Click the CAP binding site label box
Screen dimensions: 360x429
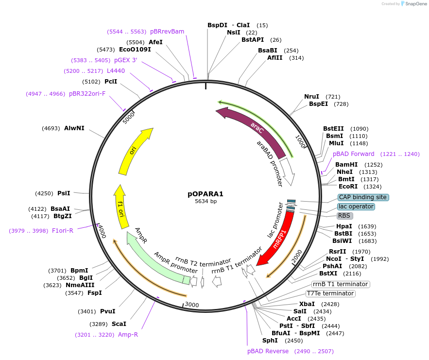[x=363, y=197]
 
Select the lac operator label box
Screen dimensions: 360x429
[x=357, y=206]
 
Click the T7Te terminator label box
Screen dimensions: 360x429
[x=330, y=293]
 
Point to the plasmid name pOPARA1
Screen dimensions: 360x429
[x=206, y=193]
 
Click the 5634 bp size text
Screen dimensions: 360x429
[x=206, y=201]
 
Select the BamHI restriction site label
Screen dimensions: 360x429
[x=346, y=165]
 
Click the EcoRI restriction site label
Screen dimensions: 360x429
[x=348, y=187]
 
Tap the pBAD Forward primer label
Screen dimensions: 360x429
[x=354, y=154]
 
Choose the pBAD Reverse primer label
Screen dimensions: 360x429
[x=268, y=351]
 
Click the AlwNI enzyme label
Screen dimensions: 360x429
[x=74, y=128]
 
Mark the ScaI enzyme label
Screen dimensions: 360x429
[x=119, y=324]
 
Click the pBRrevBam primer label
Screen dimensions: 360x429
[x=167, y=32]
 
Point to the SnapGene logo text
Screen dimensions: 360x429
[x=414, y=4]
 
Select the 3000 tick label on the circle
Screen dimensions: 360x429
[x=192, y=305]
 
